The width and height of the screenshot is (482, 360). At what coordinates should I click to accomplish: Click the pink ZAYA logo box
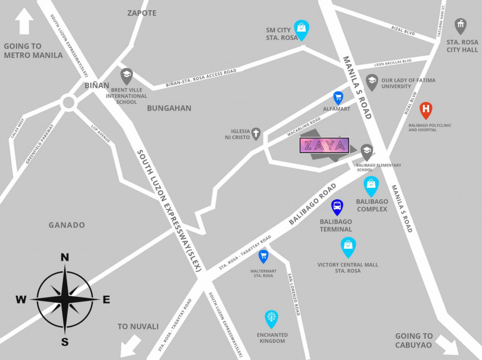click(324, 145)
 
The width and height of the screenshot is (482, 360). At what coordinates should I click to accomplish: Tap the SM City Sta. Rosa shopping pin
click(301, 29)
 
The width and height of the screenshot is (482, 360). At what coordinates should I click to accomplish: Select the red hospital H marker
click(426, 110)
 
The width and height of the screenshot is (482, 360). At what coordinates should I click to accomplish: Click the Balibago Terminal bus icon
click(336, 207)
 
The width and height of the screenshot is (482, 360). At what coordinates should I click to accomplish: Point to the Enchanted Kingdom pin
click(272, 319)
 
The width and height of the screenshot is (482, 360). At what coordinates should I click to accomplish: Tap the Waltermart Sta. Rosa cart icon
click(263, 256)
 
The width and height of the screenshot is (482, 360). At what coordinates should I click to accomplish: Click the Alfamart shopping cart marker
click(338, 98)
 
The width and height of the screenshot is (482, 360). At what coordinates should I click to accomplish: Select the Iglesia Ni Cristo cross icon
click(256, 134)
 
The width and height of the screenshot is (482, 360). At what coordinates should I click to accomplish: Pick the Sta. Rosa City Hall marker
click(460, 26)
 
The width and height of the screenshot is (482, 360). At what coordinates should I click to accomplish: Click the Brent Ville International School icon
click(126, 76)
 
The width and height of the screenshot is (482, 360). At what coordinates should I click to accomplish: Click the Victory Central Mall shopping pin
click(348, 246)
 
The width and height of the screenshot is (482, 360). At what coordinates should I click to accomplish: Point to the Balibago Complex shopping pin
click(371, 185)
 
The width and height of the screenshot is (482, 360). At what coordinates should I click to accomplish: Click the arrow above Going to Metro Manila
click(25, 22)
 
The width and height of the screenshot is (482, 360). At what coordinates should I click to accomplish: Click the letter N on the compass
click(65, 257)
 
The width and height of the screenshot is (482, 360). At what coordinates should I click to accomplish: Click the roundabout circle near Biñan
click(69, 103)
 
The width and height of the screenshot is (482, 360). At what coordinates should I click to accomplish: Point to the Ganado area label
click(67, 225)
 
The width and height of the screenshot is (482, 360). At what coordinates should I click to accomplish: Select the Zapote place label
click(142, 13)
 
